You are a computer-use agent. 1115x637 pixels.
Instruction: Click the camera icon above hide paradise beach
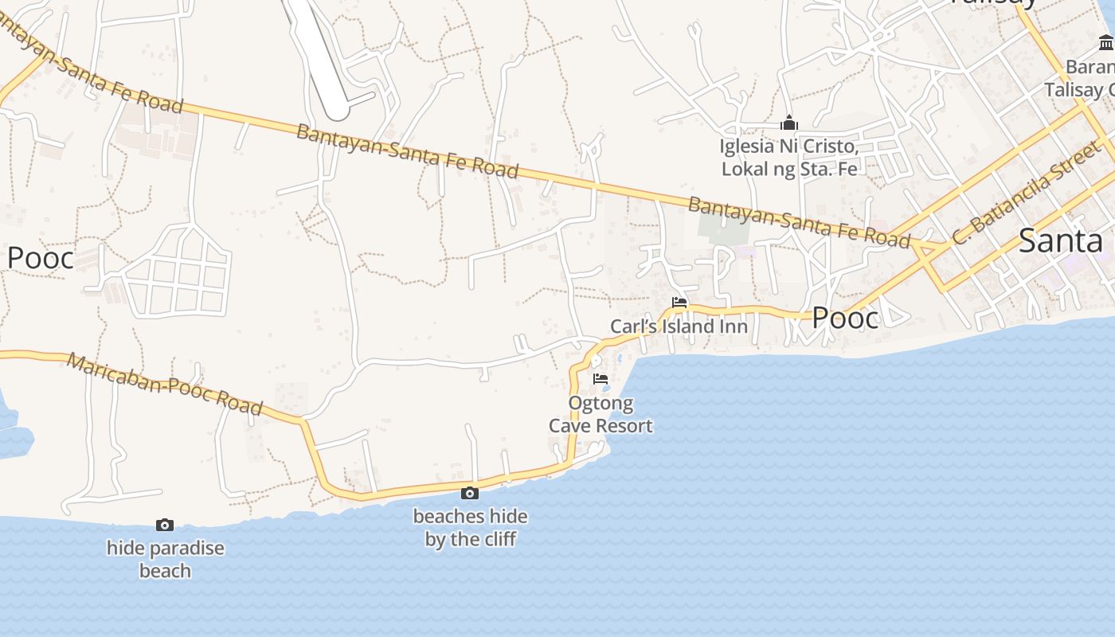pos(165,525)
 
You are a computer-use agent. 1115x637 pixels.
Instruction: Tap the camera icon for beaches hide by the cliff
pos(470,493)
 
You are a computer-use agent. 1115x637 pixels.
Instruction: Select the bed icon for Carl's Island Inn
pos(679,303)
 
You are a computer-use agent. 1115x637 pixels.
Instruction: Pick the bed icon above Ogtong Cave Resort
pos(601,379)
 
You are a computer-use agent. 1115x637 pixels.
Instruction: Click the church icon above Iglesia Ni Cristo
pos(789,123)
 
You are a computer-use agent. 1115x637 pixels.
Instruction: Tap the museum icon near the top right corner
pos(1105,42)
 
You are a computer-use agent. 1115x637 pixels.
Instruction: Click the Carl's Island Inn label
pos(679,326)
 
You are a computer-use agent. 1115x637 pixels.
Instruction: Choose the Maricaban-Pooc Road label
pos(164,385)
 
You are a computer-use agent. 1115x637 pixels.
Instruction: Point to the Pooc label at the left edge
pos(40,258)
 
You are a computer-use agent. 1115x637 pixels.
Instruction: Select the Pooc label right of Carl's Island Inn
pos(845,318)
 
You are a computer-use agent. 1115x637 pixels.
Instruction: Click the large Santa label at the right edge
pos(1060,240)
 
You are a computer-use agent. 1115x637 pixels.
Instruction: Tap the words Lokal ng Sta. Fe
pos(788,169)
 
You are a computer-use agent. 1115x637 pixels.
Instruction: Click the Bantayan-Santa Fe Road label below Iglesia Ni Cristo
pos(798,222)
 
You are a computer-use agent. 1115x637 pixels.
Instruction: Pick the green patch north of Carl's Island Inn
pos(724,226)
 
